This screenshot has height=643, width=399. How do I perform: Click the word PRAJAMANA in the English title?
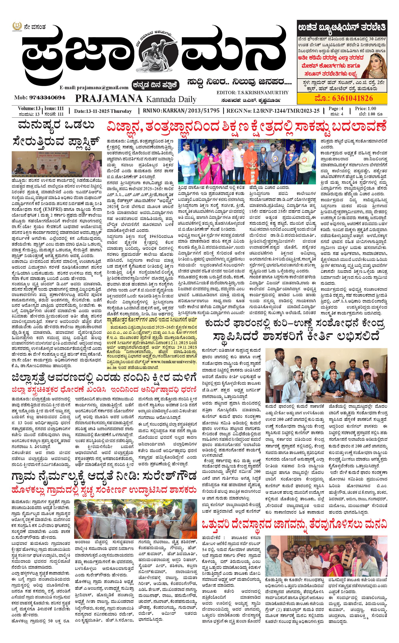click(109, 98)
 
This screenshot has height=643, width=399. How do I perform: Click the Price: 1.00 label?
click(365, 108)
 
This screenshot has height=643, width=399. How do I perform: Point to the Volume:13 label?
click(29, 108)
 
